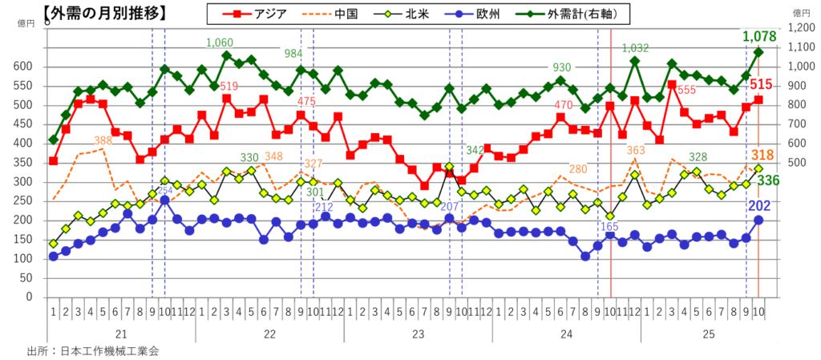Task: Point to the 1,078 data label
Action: click(x=758, y=36)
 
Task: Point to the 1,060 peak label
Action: click(x=220, y=42)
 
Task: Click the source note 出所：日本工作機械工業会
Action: click(x=99, y=350)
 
